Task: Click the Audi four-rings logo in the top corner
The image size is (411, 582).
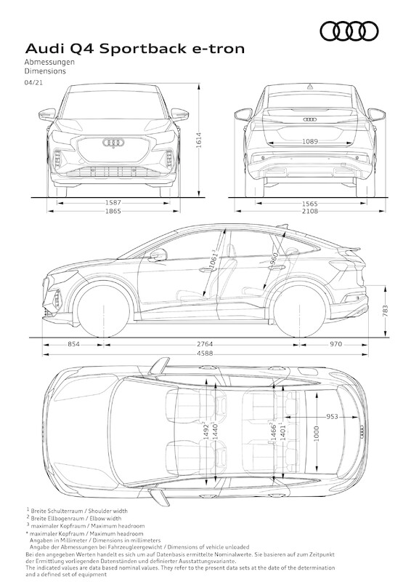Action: click(x=349, y=31)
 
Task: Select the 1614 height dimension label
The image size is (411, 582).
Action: click(x=199, y=140)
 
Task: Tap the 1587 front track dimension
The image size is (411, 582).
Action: click(x=113, y=203)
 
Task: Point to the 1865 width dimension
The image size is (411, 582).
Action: click(x=113, y=211)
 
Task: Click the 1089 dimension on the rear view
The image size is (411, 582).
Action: click(x=310, y=141)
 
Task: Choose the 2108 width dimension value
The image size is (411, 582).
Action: click(x=310, y=211)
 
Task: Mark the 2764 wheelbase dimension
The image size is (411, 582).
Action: click(x=205, y=344)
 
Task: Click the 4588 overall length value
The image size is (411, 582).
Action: click(x=205, y=354)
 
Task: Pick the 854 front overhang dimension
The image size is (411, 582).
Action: click(x=73, y=344)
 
